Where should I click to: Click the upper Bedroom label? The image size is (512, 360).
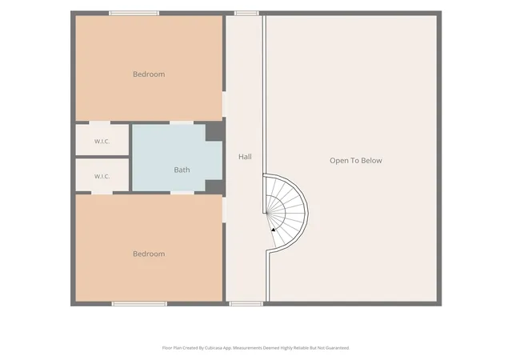pyautogui.click(x=149, y=74)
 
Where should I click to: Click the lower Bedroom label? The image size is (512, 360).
pyautogui.click(x=149, y=254)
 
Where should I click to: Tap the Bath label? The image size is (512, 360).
pyautogui.click(x=182, y=170)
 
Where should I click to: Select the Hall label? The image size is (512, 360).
pyautogui.click(x=245, y=157)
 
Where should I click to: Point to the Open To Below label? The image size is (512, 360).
pyautogui.click(x=356, y=160)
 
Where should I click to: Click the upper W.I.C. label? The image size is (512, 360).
pyautogui.click(x=102, y=142)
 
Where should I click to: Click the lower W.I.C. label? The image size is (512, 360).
pyautogui.click(x=102, y=177)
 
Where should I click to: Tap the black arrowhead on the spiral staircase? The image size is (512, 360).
pyautogui.click(x=273, y=230)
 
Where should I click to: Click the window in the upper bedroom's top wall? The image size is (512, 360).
pyautogui.click(x=134, y=13)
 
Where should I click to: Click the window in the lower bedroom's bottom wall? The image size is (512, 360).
pyautogui.click(x=139, y=304)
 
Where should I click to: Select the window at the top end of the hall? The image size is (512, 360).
pyautogui.click(x=246, y=13)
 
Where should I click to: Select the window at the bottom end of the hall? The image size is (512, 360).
pyautogui.click(x=246, y=304)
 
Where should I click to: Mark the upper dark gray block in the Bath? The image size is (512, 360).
pyautogui.click(x=214, y=131)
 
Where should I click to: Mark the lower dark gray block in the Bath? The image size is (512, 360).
pyautogui.click(x=214, y=186)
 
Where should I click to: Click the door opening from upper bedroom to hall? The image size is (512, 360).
pyautogui.click(x=224, y=104)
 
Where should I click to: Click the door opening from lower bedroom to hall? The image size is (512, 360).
pyautogui.click(x=224, y=210)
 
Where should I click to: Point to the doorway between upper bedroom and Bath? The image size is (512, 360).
pyautogui.click(x=182, y=123)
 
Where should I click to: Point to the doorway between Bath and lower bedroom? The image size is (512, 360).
pyautogui.click(x=182, y=193)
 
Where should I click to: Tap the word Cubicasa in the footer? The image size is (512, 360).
pyautogui.click(x=214, y=348)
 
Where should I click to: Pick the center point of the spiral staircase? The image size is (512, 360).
pyautogui.click(x=266, y=213)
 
